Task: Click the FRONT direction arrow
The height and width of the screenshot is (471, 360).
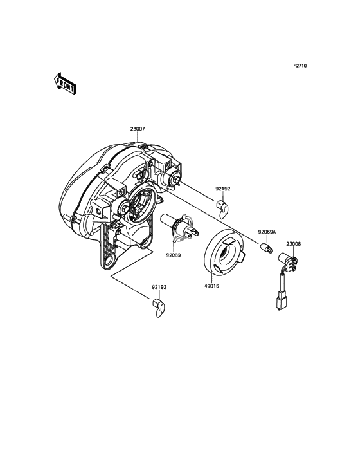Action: tap(64, 84)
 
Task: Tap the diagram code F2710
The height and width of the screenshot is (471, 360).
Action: tap(300, 66)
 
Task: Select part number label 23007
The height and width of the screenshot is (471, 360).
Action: tap(138, 129)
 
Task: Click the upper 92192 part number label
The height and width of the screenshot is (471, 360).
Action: tap(223, 189)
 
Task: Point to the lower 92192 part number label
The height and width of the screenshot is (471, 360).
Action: tap(159, 287)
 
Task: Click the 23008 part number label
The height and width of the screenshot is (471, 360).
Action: tap(293, 244)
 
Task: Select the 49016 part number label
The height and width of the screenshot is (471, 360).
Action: tap(212, 286)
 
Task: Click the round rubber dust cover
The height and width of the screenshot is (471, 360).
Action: tap(225, 252)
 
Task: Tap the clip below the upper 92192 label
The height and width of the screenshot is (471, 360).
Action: tap(222, 208)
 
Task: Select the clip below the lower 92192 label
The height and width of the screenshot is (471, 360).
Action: tap(159, 308)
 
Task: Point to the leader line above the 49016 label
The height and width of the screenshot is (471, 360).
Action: tap(212, 279)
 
